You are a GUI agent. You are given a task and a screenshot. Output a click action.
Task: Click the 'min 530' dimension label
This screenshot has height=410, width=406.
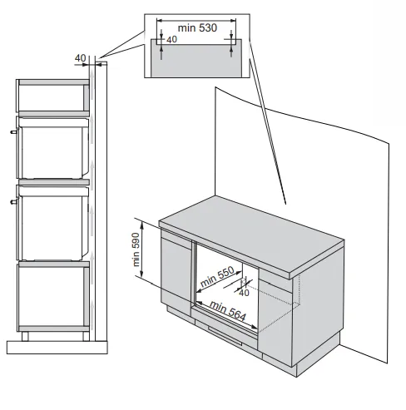click(197, 28)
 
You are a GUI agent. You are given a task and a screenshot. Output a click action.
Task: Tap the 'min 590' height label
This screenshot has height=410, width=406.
click(136, 249)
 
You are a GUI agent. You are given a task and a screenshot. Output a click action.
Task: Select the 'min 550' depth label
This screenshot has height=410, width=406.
click(217, 276)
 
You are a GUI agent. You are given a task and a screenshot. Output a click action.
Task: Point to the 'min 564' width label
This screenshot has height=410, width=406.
click(228, 310)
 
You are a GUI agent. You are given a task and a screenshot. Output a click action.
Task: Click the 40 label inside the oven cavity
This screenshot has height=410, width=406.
click(244, 293)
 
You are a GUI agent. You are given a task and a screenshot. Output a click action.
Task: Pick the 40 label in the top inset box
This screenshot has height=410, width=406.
click(171, 40)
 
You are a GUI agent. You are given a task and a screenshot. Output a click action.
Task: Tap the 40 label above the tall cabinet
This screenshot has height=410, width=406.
click(81, 58)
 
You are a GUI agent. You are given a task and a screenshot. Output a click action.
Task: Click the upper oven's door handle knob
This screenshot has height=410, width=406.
click(13, 132)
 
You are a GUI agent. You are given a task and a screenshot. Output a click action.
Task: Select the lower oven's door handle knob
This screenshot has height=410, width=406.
click(13, 202)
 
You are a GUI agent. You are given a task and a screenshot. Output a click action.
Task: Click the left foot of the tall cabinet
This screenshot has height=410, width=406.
click(25, 336)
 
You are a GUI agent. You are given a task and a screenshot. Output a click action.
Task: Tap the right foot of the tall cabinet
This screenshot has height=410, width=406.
click(86, 336)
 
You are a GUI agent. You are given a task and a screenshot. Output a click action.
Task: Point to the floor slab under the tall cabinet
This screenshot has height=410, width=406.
click(57, 348)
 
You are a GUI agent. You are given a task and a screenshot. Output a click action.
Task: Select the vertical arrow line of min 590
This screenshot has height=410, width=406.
click(142, 249)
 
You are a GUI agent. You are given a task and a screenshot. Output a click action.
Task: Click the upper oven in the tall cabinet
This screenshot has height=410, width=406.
click(52, 148)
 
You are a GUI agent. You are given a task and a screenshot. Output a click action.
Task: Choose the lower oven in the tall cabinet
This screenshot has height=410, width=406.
click(52, 223)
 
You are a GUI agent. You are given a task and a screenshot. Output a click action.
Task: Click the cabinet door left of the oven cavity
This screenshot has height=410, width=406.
click(176, 269)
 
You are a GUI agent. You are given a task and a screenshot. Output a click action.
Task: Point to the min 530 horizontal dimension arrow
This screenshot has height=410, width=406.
click(196, 20)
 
